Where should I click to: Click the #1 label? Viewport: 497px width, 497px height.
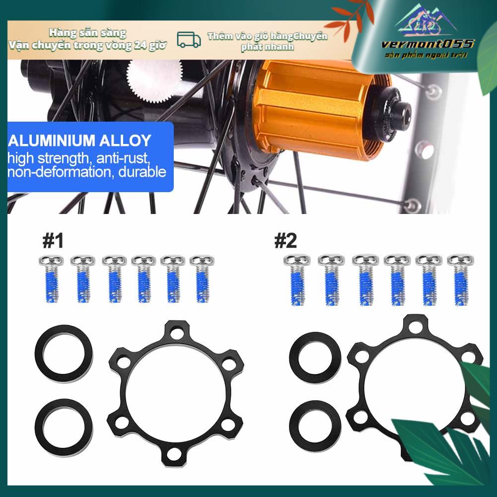point(53,241)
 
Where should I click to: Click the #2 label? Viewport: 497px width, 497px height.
point(285,241)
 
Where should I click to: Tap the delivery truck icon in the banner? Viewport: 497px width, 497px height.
point(189,40)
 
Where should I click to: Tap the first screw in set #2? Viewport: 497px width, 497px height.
point(297,279)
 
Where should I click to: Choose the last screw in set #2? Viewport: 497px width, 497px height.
point(460,279)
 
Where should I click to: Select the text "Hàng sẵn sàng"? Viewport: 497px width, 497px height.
point(88,33)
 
